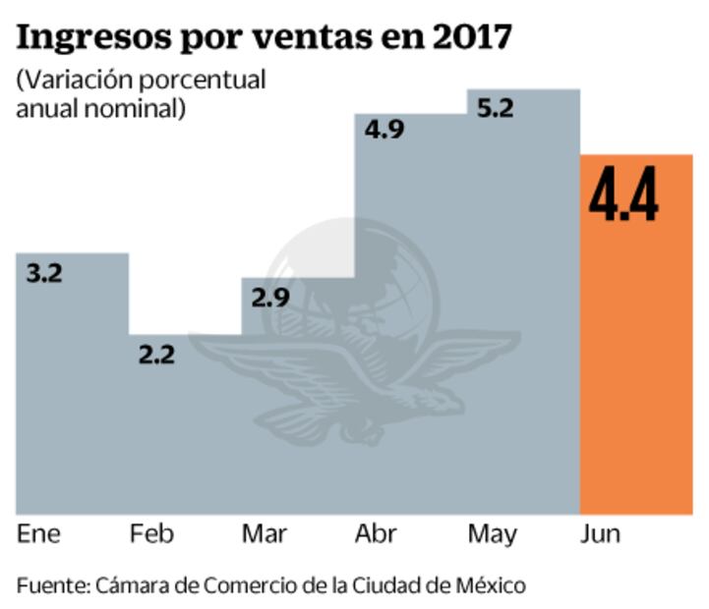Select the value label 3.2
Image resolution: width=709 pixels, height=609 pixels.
42,274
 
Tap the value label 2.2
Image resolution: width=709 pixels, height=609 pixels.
155,355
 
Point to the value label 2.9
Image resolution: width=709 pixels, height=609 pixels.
269,298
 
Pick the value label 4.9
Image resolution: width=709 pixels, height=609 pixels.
384,131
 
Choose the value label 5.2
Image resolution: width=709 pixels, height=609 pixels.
494,109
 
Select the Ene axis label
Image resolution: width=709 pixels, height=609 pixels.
38,535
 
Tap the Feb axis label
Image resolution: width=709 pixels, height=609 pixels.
151,535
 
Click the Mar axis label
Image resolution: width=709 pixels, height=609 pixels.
265,535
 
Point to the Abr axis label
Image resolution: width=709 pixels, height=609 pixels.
377,535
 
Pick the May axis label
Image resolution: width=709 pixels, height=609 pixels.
493,535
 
